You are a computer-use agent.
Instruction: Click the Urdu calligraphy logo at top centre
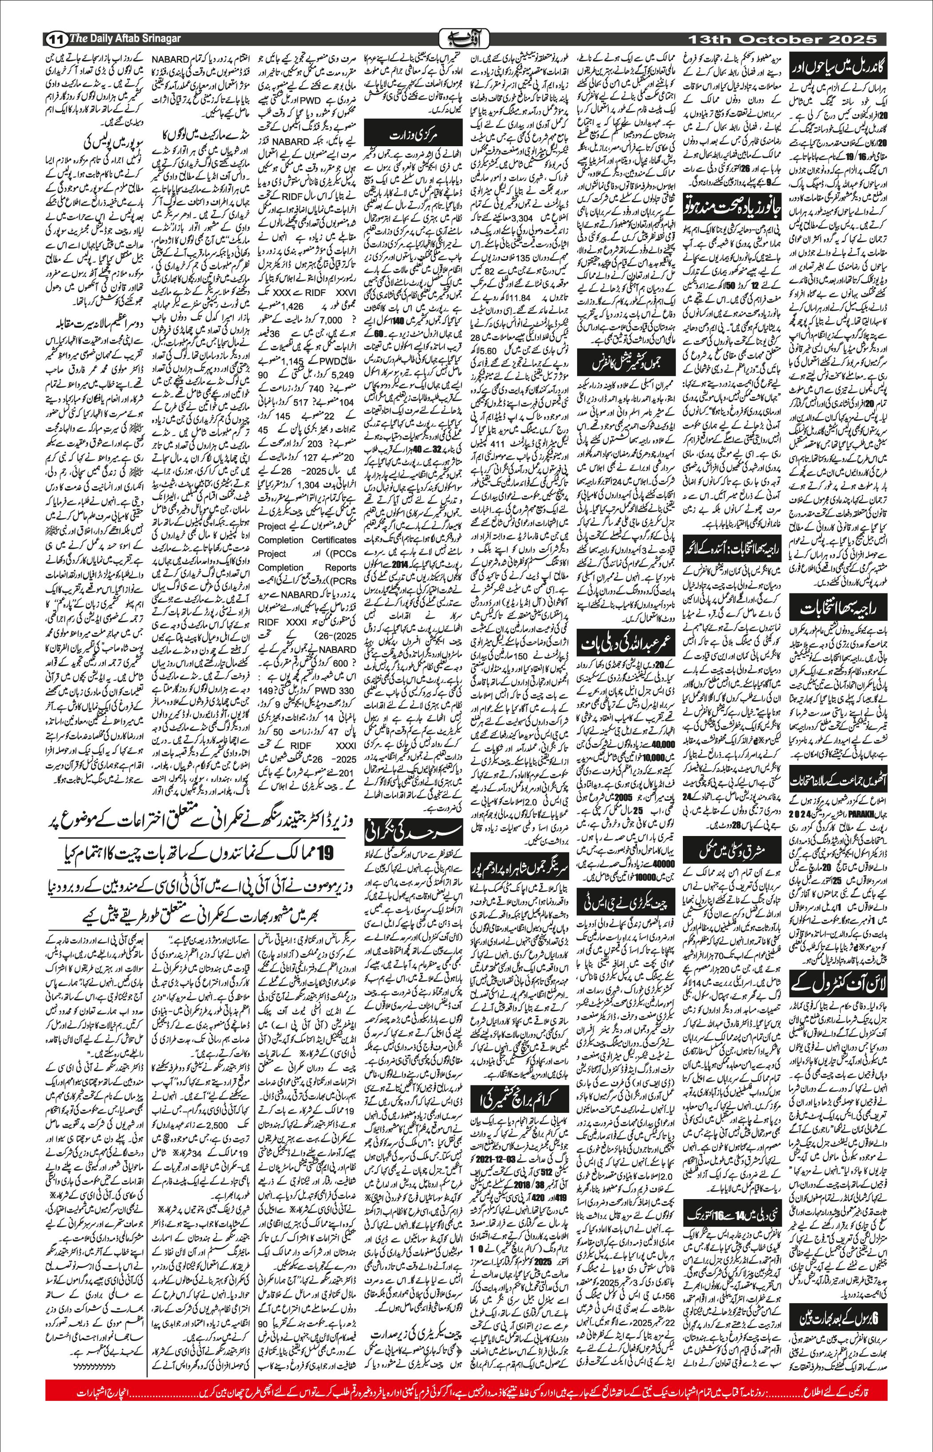click(466, 37)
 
